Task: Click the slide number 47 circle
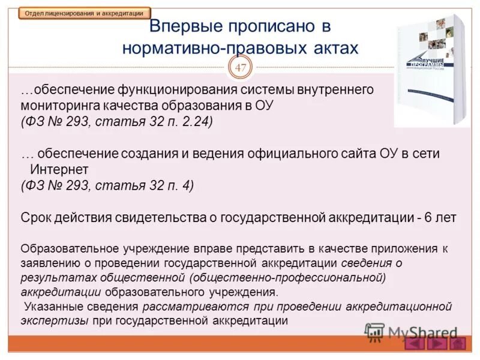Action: [x=241, y=68]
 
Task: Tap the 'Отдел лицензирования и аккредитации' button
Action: [x=84, y=13]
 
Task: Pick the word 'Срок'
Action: [x=35, y=218]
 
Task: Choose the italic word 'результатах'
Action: [x=49, y=278]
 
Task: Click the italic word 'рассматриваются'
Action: [x=185, y=307]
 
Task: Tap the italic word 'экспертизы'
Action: [x=55, y=321]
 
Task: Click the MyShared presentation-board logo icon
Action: [x=374, y=332]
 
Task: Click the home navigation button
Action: [x=458, y=344]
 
